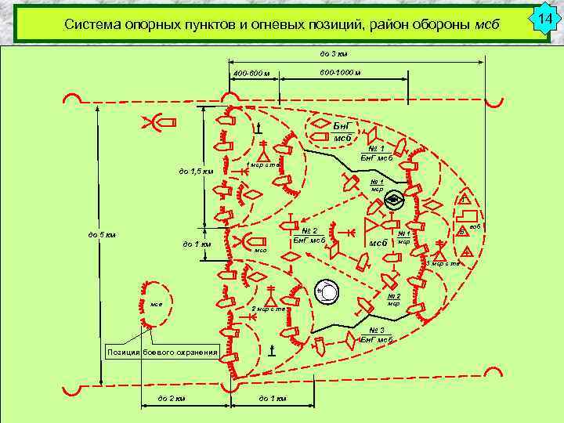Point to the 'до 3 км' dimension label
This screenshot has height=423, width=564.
tap(334, 54)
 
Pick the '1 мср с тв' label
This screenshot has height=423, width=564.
tap(263, 164)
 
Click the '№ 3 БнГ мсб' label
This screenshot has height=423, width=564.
tap(375, 334)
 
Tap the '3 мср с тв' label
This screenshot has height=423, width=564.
tap(443, 263)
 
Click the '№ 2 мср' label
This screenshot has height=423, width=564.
tap(395, 300)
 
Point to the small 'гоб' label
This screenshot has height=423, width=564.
tap(475, 226)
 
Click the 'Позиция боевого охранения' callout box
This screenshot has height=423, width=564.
tap(162, 352)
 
